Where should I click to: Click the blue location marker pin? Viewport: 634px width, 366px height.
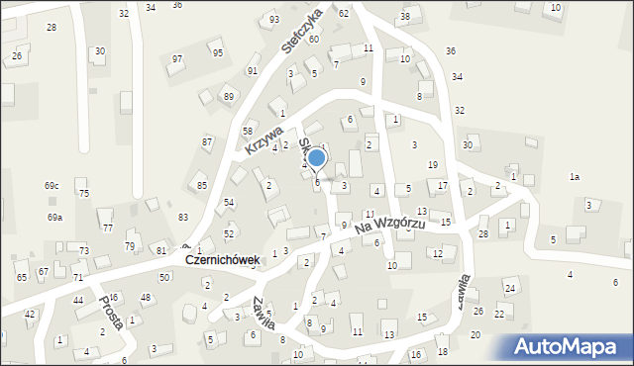click(316, 157)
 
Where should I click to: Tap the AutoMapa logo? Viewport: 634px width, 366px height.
click(570, 346)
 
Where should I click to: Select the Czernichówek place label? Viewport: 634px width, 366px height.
click(222, 260)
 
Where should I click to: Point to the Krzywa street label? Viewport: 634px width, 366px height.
click(260, 136)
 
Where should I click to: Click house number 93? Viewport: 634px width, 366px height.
click(274, 20)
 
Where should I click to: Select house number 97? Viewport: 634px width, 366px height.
click(177, 59)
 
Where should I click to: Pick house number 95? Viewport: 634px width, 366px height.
click(218, 52)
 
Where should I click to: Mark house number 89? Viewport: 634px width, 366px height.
click(229, 96)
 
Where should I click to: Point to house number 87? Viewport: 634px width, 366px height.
click(207, 142)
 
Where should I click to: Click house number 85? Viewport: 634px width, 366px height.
click(202, 185)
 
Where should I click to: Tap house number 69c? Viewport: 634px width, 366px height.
click(52, 186)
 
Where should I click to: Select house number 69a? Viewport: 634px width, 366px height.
click(54, 217)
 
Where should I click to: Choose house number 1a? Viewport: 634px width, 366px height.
click(574, 176)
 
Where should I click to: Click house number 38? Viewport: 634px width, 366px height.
click(404, 17)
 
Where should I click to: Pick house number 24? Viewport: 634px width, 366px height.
click(509, 288)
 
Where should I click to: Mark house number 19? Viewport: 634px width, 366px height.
click(432, 164)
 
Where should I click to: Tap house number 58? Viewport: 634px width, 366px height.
click(248, 131)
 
